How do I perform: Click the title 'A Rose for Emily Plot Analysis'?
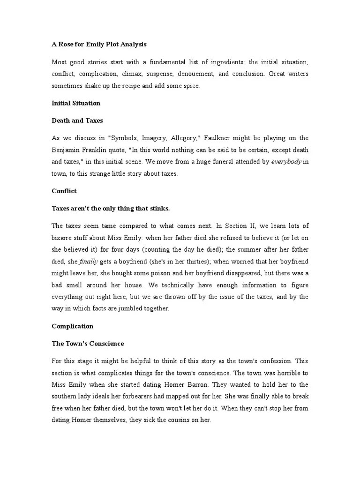[99, 45]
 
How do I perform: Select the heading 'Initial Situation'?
[75, 103]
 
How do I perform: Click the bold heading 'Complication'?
[72, 326]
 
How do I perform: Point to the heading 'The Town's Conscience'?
[87, 344]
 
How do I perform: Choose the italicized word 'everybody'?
[286, 162]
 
